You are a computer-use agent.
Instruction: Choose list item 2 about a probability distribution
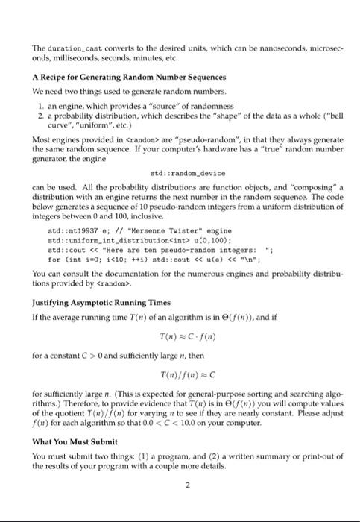(186, 119)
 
